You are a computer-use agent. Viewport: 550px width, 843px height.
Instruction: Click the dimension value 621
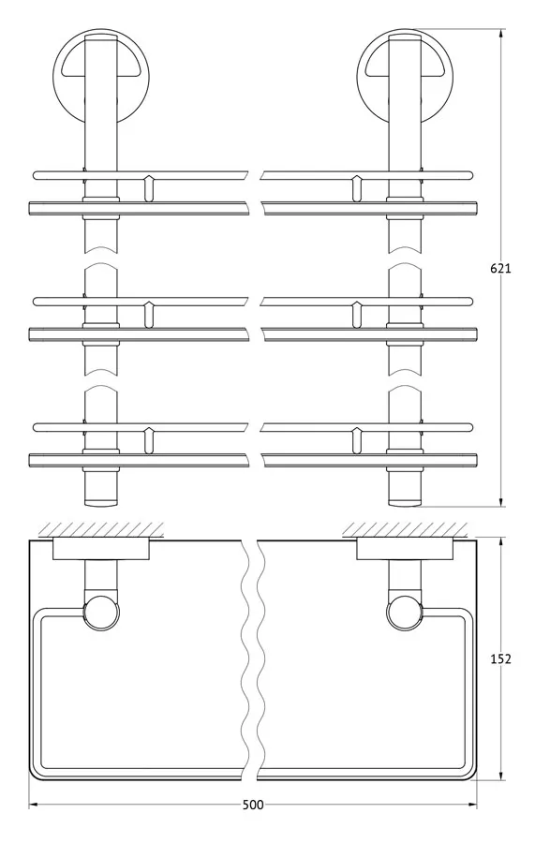[500, 268]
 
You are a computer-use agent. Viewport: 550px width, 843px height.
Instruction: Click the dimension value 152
[500, 658]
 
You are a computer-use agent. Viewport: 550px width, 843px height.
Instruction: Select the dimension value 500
[253, 805]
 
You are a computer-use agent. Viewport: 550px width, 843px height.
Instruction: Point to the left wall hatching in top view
[100, 529]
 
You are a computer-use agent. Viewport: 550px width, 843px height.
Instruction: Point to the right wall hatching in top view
[404, 529]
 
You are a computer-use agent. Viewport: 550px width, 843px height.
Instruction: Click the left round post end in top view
[101, 612]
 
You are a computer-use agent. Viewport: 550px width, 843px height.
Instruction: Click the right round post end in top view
[404, 612]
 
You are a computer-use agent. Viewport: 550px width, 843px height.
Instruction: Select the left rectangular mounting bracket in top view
[100, 550]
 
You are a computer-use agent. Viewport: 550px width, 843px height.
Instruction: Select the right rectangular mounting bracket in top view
[405, 550]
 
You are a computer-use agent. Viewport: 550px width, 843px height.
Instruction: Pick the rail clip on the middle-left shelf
[149, 315]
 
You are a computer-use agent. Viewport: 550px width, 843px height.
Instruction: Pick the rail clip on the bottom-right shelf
[355, 441]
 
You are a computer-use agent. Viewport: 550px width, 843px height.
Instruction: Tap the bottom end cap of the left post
[100, 503]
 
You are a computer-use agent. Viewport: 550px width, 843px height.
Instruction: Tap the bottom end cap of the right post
[404, 503]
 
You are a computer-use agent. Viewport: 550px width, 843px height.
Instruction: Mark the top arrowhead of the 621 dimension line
[501, 34]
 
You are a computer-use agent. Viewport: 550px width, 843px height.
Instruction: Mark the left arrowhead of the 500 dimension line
[34, 805]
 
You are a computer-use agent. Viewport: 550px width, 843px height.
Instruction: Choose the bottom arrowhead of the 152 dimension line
[501, 775]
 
